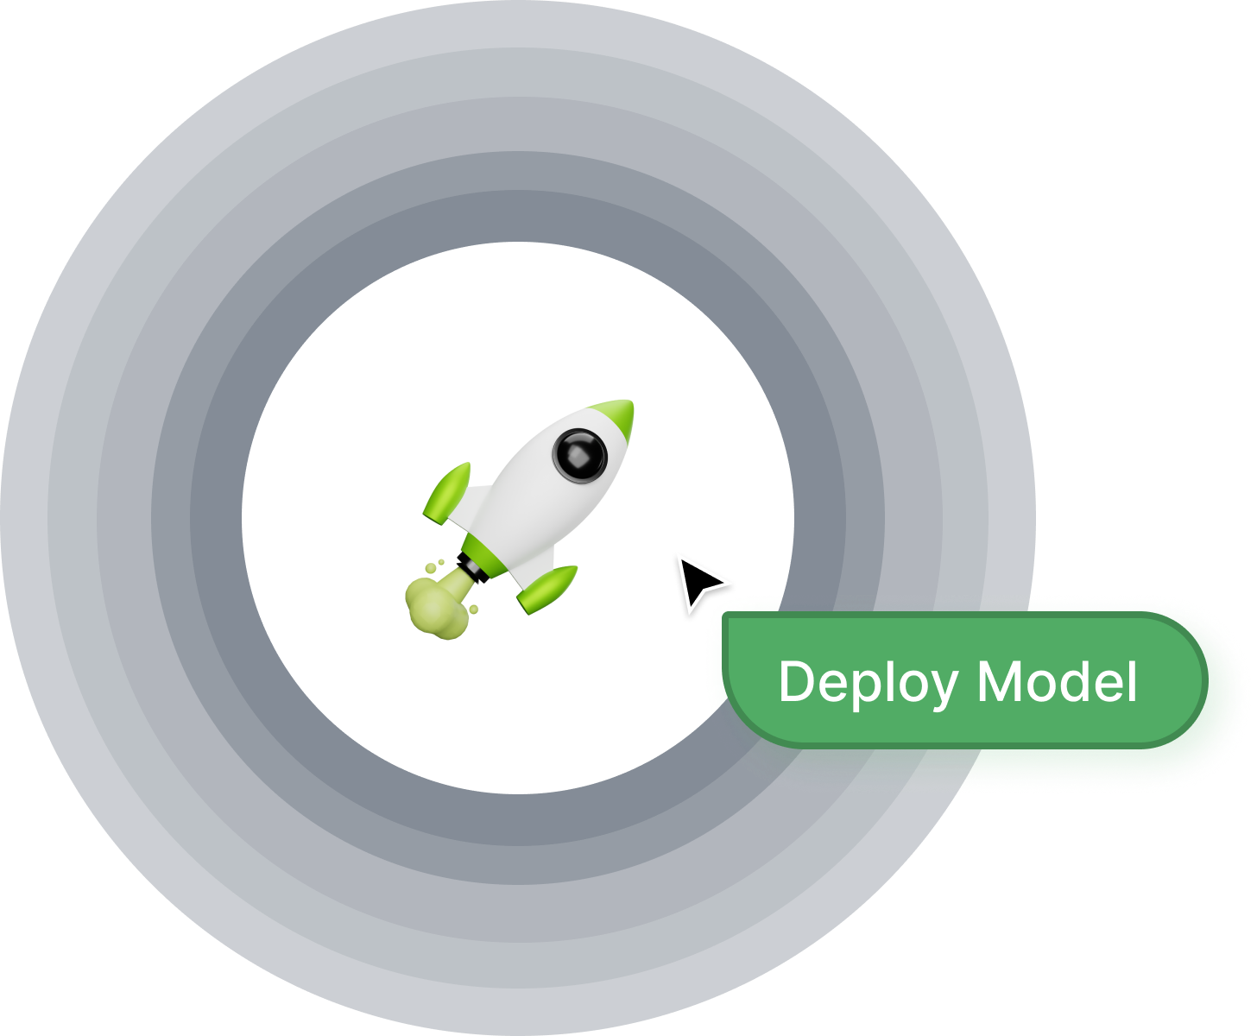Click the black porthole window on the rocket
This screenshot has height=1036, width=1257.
(x=579, y=453)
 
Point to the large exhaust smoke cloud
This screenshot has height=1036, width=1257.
(x=436, y=606)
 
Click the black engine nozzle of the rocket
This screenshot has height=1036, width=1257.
(x=472, y=568)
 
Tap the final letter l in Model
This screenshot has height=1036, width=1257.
(x=1132, y=680)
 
